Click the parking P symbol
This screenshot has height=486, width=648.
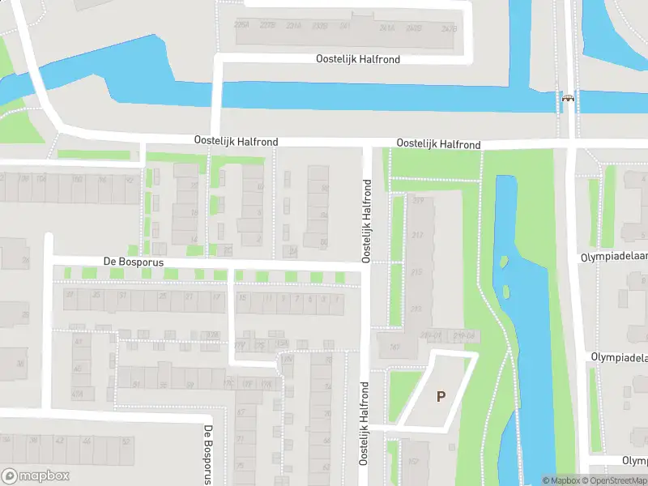coord(441,396)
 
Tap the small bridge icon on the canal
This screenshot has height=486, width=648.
coord(569,99)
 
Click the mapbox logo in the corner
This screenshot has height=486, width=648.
coord(35,476)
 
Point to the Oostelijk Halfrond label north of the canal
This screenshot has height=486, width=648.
coord(357,59)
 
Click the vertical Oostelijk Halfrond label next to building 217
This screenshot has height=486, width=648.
coord(367,221)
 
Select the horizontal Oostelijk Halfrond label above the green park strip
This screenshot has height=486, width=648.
coord(438,144)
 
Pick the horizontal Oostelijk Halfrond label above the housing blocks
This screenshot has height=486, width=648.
coord(236,141)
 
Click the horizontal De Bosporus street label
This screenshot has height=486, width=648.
coord(134,262)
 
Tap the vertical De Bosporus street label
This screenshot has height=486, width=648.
coord(208,454)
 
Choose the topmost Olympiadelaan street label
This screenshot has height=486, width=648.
coord(614,256)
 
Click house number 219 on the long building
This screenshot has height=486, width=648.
coord(418,200)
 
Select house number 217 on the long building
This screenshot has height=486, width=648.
coord(418,236)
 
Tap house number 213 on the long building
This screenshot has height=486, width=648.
coord(417,309)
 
